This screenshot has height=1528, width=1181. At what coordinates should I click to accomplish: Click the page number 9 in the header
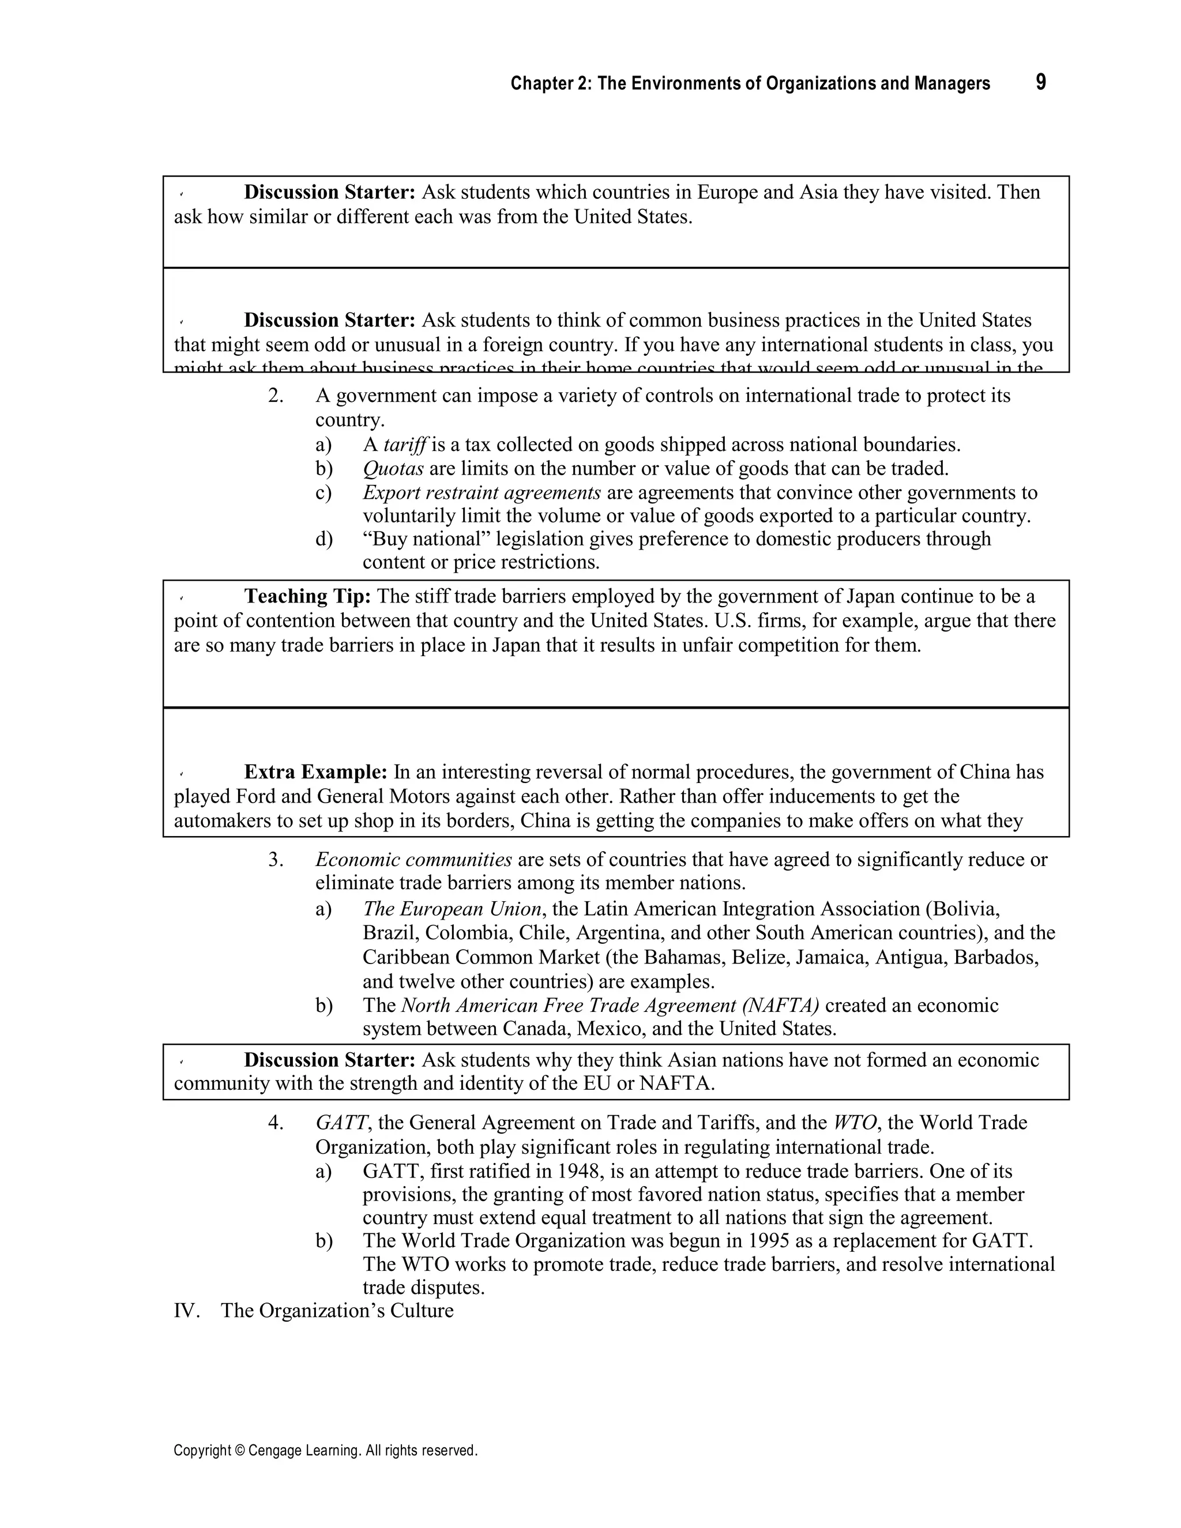click(1040, 82)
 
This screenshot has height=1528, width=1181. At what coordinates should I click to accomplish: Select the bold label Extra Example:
click(315, 773)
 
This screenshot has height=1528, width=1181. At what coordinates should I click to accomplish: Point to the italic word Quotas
click(393, 469)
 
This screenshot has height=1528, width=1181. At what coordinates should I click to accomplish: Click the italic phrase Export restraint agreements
click(482, 492)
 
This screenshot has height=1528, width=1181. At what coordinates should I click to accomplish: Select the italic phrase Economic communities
click(413, 860)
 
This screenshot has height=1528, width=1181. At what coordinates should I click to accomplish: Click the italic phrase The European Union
click(452, 909)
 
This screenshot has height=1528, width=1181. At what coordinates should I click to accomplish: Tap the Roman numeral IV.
click(187, 1311)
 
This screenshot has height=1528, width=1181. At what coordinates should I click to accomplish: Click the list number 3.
click(275, 860)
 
